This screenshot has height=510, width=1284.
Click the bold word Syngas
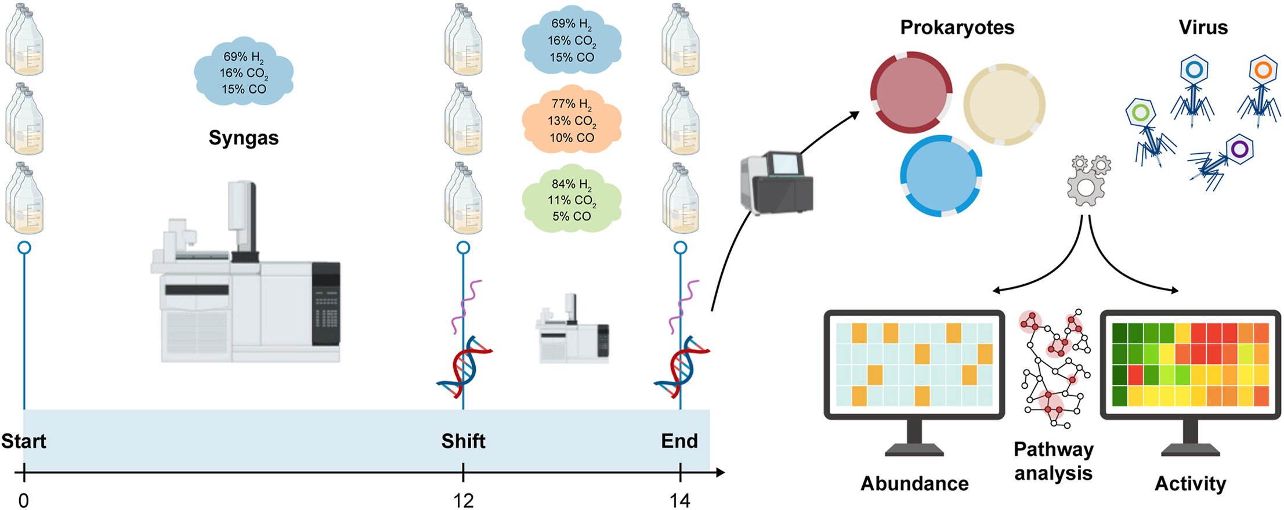(244, 138)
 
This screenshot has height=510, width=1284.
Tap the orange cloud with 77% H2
(572, 121)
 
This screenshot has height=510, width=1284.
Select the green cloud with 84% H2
(572, 200)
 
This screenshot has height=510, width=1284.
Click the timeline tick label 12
(463, 500)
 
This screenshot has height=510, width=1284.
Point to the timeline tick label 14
(680, 500)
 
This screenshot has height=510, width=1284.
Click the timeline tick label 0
(24, 500)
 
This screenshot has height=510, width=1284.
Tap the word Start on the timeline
(24, 441)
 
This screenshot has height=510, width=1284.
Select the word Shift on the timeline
(463, 441)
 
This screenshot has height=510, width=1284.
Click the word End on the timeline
(679, 441)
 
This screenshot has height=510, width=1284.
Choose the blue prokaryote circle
(941, 176)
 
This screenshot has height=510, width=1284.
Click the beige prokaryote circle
(1004, 104)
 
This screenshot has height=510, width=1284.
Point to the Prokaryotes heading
(957, 27)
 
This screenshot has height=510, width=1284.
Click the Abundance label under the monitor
(914, 483)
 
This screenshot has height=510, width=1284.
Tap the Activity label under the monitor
(1190, 483)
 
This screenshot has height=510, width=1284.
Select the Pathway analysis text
(1053, 461)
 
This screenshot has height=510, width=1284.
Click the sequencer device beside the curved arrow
(776, 182)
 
